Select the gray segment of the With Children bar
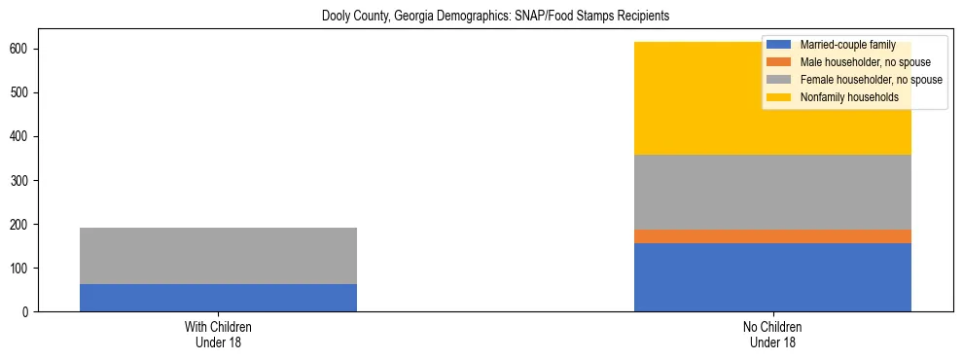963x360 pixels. point(218,256)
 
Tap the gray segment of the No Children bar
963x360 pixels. point(772,192)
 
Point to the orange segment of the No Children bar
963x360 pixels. point(772,236)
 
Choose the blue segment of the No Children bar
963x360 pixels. point(772,277)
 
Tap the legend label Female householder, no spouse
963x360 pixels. point(871,80)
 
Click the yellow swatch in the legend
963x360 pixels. point(779,97)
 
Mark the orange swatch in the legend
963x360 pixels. point(779,62)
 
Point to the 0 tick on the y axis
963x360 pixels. point(26,311)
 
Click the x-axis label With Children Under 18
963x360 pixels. point(218,335)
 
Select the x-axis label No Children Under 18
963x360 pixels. point(772,335)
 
